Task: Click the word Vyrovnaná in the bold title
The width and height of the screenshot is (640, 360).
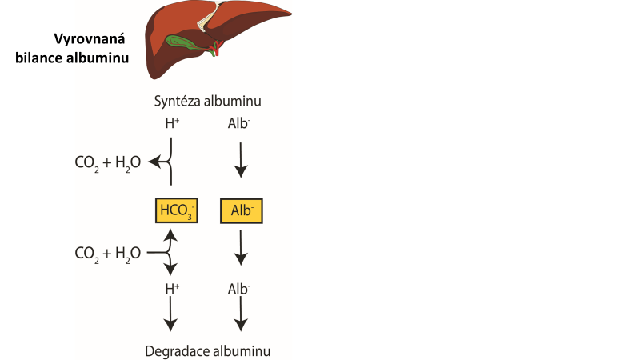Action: (x=87, y=39)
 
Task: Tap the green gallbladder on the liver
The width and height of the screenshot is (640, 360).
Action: (x=183, y=41)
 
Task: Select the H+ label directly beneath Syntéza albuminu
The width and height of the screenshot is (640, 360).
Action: (x=170, y=124)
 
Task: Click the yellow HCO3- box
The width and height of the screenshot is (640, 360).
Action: (x=175, y=210)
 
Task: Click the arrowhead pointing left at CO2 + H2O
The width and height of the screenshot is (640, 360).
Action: (x=160, y=163)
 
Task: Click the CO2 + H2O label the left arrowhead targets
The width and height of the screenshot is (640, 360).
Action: (x=107, y=163)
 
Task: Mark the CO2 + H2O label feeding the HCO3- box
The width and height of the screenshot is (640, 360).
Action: (x=107, y=254)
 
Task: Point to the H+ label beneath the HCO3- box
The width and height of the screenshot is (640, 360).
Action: (x=170, y=288)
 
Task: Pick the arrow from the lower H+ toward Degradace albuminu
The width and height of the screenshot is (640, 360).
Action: (x=170, y=318)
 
